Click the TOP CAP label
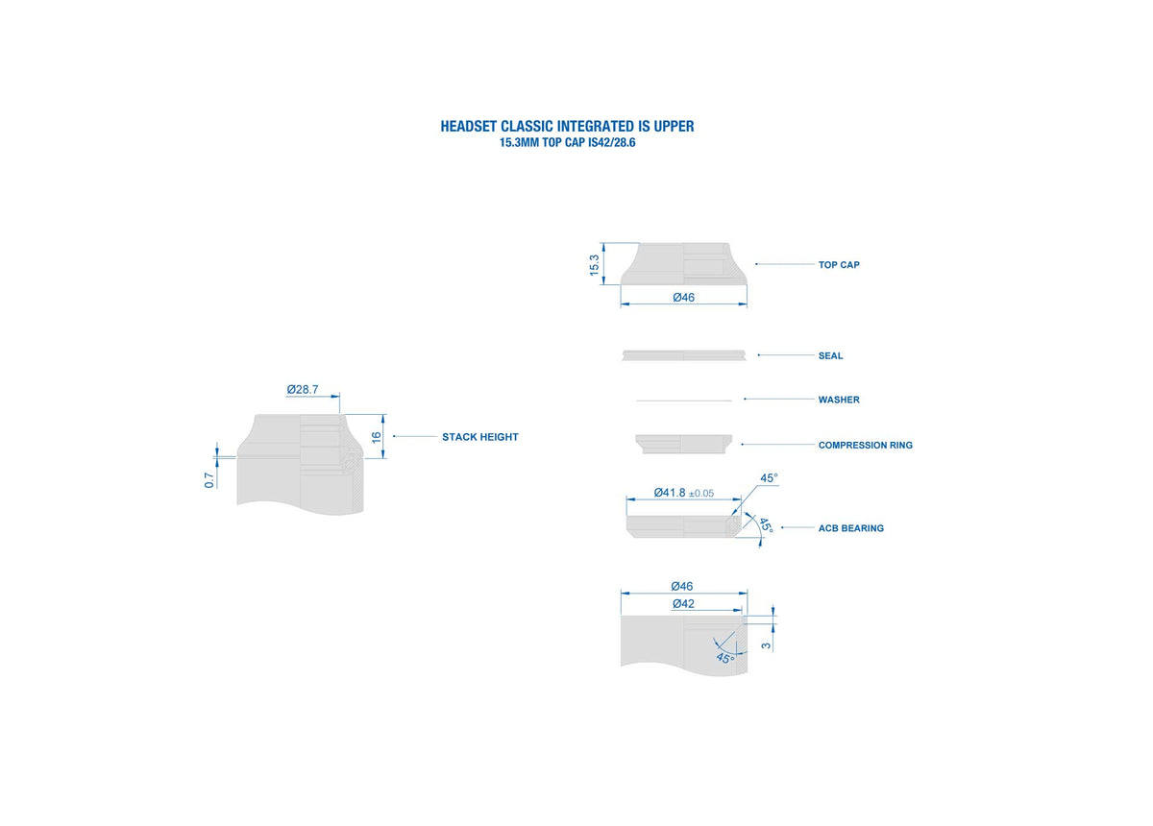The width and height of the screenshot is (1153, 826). (x=839, y=265)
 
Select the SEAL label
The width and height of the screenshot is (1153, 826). (x=830, y=356)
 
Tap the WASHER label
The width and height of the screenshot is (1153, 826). (x=839, y=400)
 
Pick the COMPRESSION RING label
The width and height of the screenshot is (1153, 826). (x=866, y=446)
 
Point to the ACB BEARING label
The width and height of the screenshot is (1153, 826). (x=851, y=528)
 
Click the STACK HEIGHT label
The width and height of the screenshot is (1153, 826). (x=480, y=437)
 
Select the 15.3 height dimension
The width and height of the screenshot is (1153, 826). (x=595, y=265)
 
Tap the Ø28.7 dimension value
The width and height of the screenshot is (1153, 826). (x=303, y=390)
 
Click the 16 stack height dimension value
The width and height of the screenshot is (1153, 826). (x=377, y=437)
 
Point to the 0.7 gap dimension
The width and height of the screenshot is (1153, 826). (x=209, y=480)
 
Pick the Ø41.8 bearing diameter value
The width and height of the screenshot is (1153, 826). (x=669, y=493)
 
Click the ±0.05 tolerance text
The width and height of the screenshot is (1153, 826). (x=701, y=494)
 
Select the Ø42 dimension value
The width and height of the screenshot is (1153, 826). (x=683, y=604)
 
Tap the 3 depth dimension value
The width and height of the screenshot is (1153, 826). (x=766, y=645)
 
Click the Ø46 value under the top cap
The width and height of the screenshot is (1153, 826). (x=683, y=298)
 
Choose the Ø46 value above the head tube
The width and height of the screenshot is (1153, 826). (x=682, y=586)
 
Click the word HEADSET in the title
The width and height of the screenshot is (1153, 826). (x=469, y=127)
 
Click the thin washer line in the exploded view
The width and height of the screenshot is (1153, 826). (x=683, y=401)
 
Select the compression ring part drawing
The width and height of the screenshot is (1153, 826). (x=683, y=445)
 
